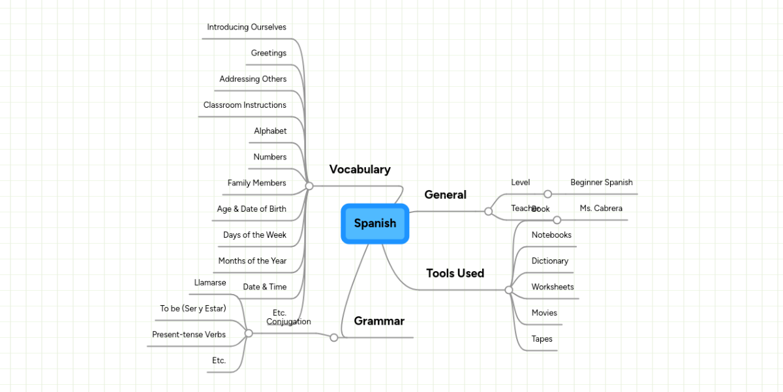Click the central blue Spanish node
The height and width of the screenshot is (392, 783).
[375, 223]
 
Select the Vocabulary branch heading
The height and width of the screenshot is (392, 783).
[360, 170]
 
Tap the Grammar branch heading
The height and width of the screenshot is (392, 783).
[378, 321]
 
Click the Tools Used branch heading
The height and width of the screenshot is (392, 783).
[455, 274]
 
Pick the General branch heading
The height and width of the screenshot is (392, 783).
[445, 195]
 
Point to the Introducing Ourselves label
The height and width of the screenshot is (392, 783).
[247, 27]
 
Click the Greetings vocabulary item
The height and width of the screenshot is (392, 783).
[268, 53]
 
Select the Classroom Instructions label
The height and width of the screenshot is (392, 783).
[245, 105]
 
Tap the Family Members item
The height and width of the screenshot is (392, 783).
[256, 184]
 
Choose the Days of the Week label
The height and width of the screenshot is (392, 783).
[254, 235]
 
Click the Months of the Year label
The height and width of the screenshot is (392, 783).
[252, 261]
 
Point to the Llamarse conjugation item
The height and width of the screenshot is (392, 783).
[210, 283]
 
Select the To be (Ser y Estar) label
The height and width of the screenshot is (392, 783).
[192, 308]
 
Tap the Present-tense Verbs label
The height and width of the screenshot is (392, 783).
[189, 335]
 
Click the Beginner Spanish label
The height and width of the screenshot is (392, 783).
[601, 183]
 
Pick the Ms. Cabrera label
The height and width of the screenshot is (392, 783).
[600, 209]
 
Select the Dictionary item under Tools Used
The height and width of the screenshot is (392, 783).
[549, 261]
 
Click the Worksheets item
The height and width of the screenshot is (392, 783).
[552, 287]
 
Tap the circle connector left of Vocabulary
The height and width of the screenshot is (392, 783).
[309, 186]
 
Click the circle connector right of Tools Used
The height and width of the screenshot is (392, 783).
[509, 290]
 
